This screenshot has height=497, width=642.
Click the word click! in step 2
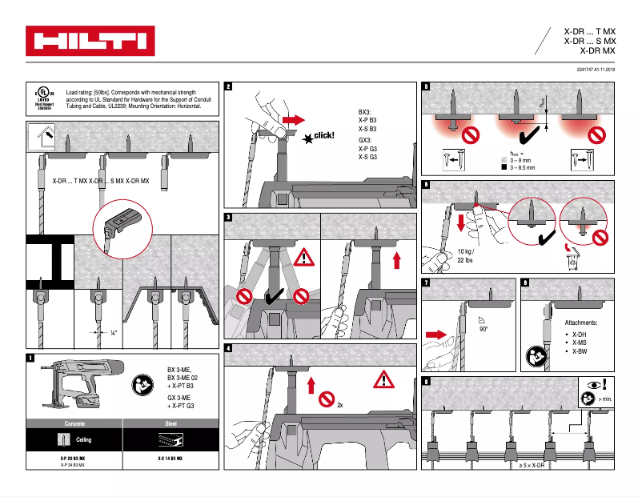323,135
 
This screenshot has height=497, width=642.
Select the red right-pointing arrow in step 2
294,119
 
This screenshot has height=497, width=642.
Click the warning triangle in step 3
305,258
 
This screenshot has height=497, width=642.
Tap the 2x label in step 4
340,405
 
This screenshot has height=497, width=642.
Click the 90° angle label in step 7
483,329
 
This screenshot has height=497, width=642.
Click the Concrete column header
74,422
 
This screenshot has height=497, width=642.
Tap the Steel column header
170,422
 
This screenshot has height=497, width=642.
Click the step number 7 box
426,283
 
